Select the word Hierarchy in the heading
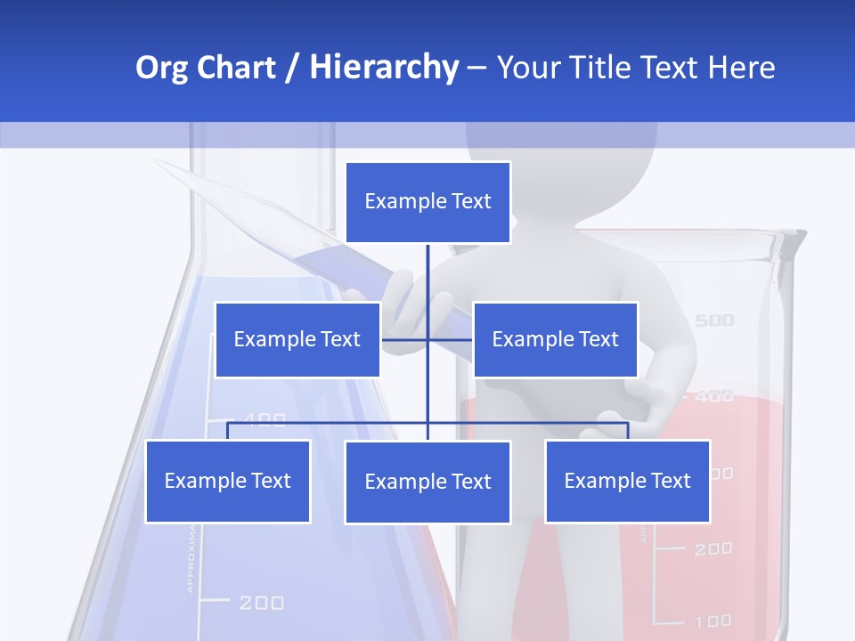[384, 68]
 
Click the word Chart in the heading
[234, 68]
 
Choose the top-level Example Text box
[427, 202]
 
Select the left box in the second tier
[297, 339]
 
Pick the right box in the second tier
[555, 339]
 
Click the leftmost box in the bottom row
[227, 481]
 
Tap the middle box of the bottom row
[427, 482]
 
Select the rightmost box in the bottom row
[627, 481]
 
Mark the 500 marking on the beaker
[713, 320]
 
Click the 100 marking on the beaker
[712, 621]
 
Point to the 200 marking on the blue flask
[261, 603]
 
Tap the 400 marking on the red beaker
[713, 396]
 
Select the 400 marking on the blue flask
[265, 419]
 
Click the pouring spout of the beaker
[795, 239]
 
